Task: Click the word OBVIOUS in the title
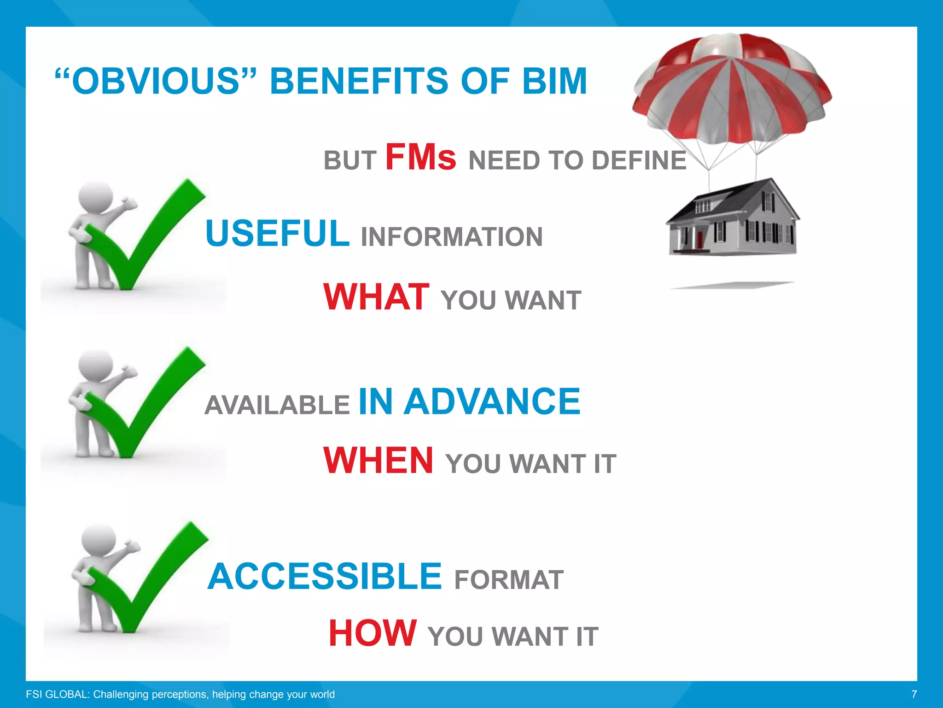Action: [x=156, y=82]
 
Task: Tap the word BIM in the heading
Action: [x=554, y=82]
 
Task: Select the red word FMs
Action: [x=420, y=158]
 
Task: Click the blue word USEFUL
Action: [x=277, y=233]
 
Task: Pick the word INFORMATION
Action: [x=452, y=237]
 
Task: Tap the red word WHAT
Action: [x=376, y=297]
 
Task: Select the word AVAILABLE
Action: [x=277, y=405]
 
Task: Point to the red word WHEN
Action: [x=378, y=460]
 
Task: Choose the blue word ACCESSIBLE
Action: [x=325, y=577]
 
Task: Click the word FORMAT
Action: [x=509, y=580]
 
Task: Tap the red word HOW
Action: [x=373, y=634]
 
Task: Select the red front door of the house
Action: [x=700, y=239]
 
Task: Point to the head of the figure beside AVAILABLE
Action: [x=96, y=365]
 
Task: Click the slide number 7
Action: [x=914, y=694]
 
